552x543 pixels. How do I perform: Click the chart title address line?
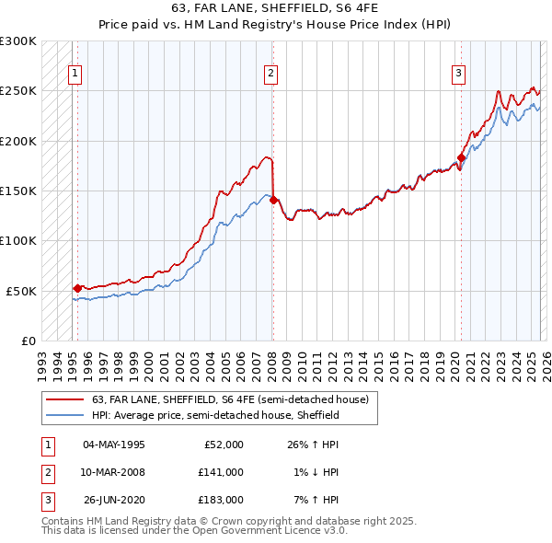click(276, 8)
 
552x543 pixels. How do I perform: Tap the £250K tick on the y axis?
click(18, 91)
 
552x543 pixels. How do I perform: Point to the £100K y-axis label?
click(18, 240)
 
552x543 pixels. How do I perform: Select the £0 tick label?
click(28, 341)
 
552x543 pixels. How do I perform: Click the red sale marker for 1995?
click(77, 288)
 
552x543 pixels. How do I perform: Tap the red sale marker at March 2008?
click(273, 200)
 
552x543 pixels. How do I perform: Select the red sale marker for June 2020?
click(461, 157)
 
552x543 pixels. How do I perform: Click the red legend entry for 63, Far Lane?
click(230, 399)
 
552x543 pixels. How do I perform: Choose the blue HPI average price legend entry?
click(216, 416)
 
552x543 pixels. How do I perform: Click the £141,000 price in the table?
click(220, 472)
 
